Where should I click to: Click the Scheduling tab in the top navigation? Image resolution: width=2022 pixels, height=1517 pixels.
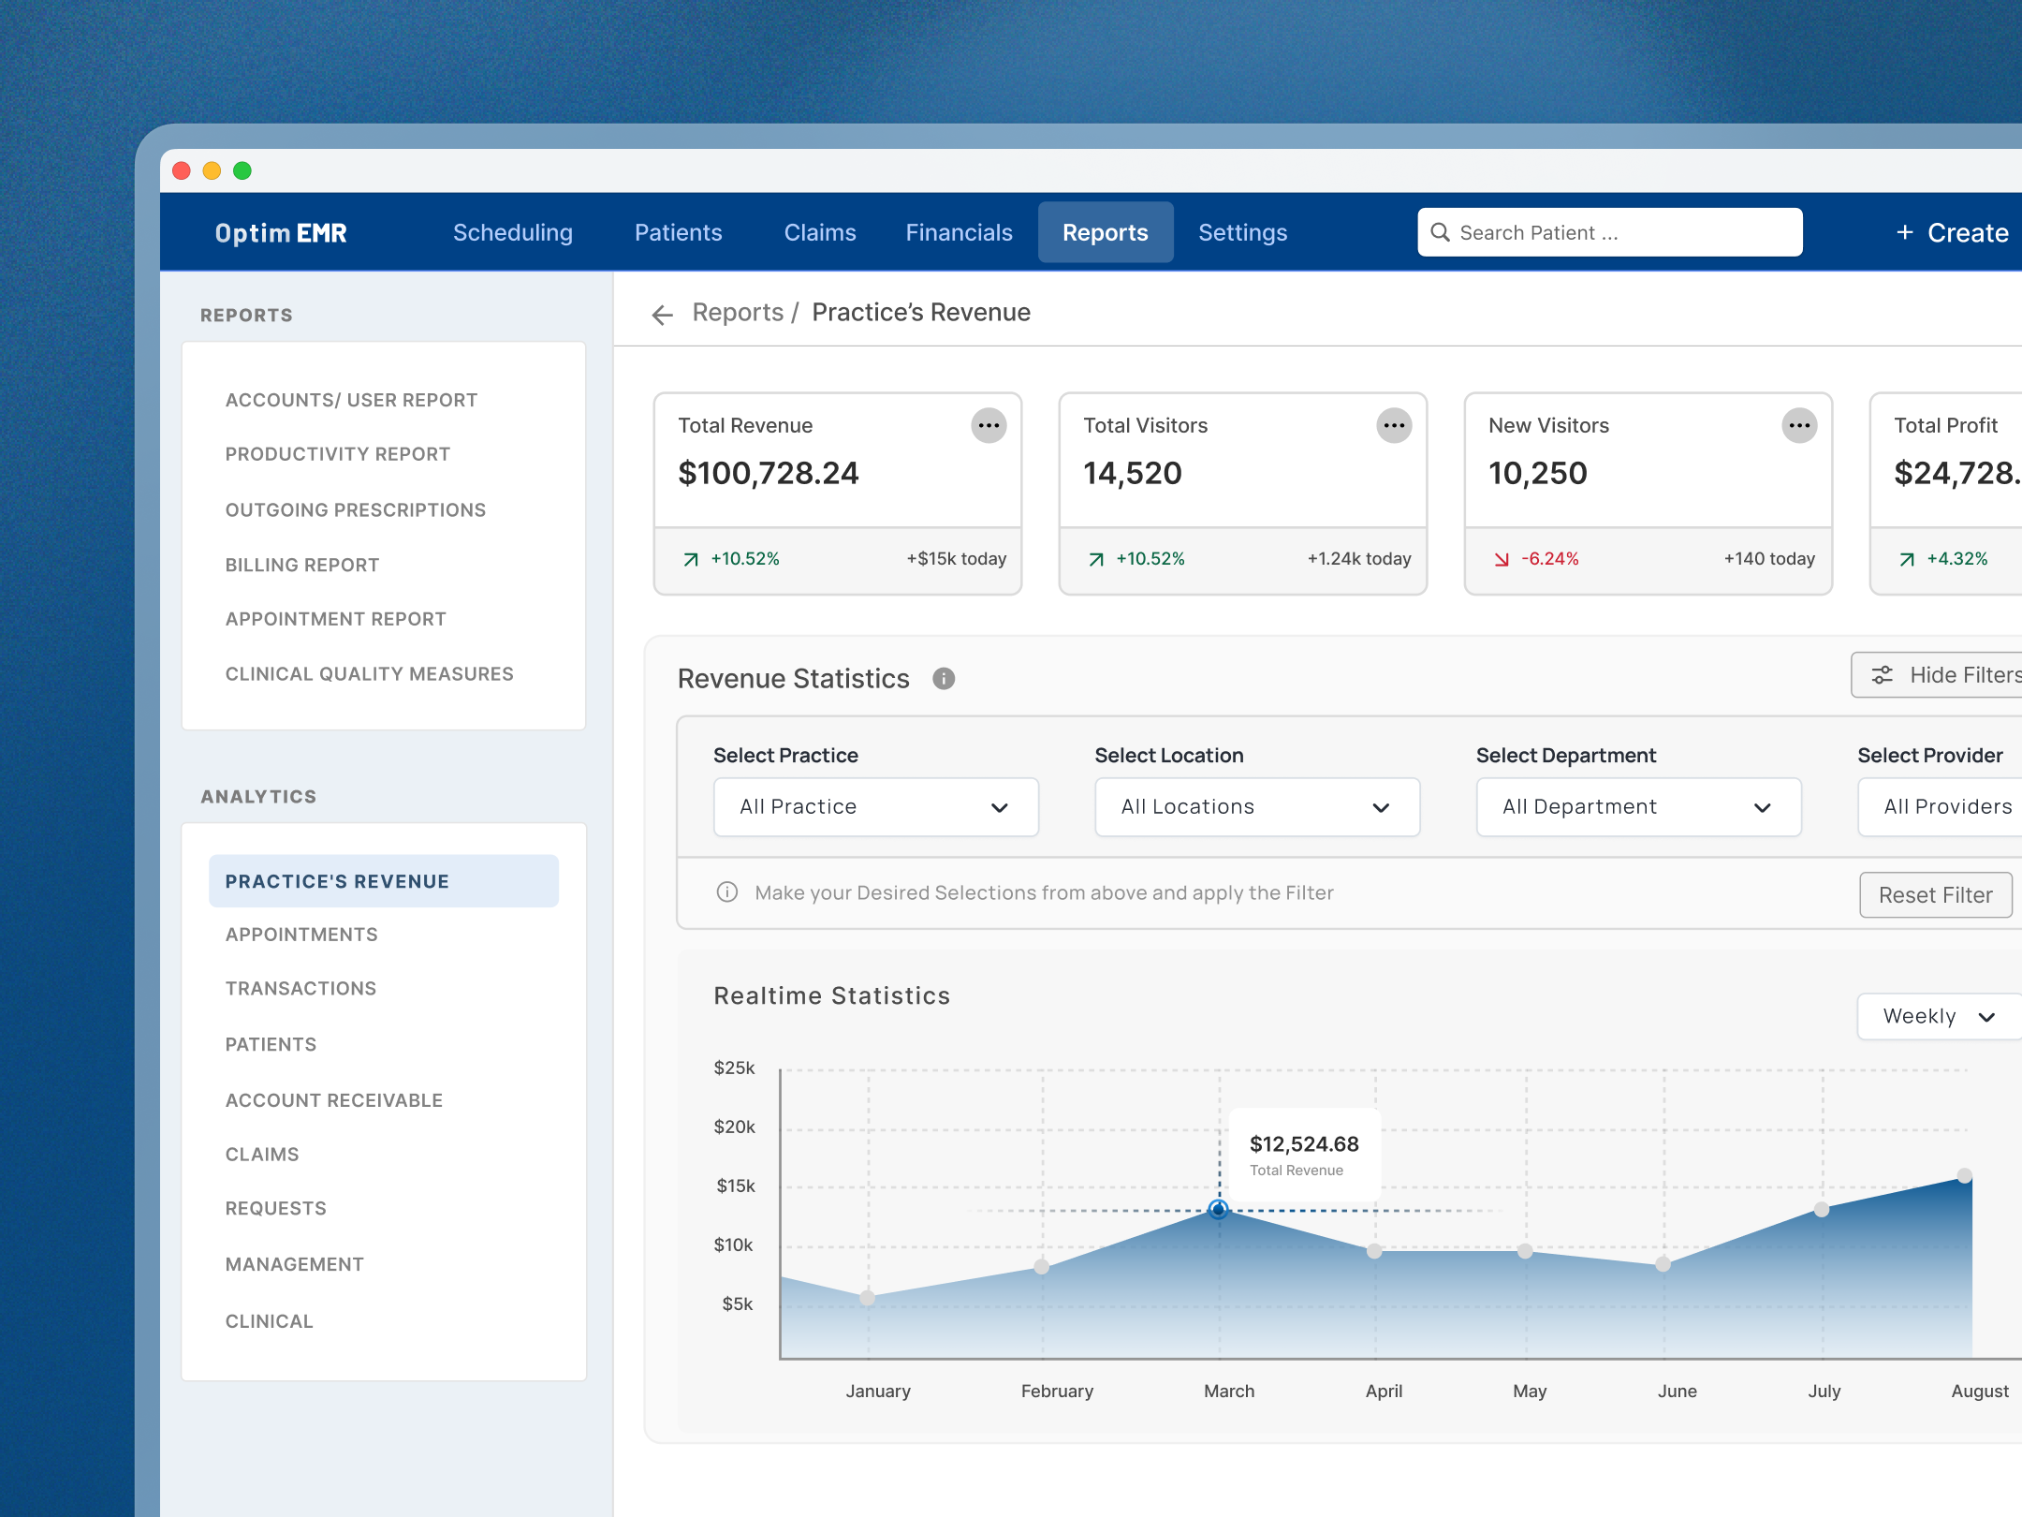(x=512, y=232)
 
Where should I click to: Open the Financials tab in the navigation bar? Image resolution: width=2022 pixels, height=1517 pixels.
(x=959, y=232)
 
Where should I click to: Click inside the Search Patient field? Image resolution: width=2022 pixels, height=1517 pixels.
(x=1610, y=232)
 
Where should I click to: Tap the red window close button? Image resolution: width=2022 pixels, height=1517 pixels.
(x=182, y=170)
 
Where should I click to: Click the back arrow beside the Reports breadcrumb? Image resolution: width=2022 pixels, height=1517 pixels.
(x=662, y=315)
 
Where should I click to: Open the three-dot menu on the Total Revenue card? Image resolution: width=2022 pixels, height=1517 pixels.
(x=988, y=426)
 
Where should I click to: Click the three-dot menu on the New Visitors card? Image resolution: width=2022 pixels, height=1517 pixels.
(x=1798, y=426)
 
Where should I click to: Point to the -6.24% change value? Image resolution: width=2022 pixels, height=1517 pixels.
(x=1549, y=559)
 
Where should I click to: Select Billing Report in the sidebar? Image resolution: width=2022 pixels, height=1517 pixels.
(x=301, y=565)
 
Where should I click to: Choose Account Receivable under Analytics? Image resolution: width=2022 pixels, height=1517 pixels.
(x=333, y=1100)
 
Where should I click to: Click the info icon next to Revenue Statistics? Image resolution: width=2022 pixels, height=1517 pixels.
(x=943, y=679)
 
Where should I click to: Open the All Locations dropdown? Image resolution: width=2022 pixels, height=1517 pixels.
(x=1256, y=807)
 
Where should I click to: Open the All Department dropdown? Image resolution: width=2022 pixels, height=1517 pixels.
(x=1637, y=807)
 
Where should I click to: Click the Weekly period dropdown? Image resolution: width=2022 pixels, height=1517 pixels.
(x=1938, y=1017)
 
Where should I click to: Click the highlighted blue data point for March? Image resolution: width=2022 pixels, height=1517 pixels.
(x=1218, y=1210)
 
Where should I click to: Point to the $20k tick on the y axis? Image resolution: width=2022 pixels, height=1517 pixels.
(x=734, y=1127)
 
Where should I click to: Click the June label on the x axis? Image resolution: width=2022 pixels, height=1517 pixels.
(x=1677, y=1392)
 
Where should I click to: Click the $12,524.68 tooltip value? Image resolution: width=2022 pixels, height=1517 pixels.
(x=1303, y=1144)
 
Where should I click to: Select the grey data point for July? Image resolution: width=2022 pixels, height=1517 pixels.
(x=1821, y=1210)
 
